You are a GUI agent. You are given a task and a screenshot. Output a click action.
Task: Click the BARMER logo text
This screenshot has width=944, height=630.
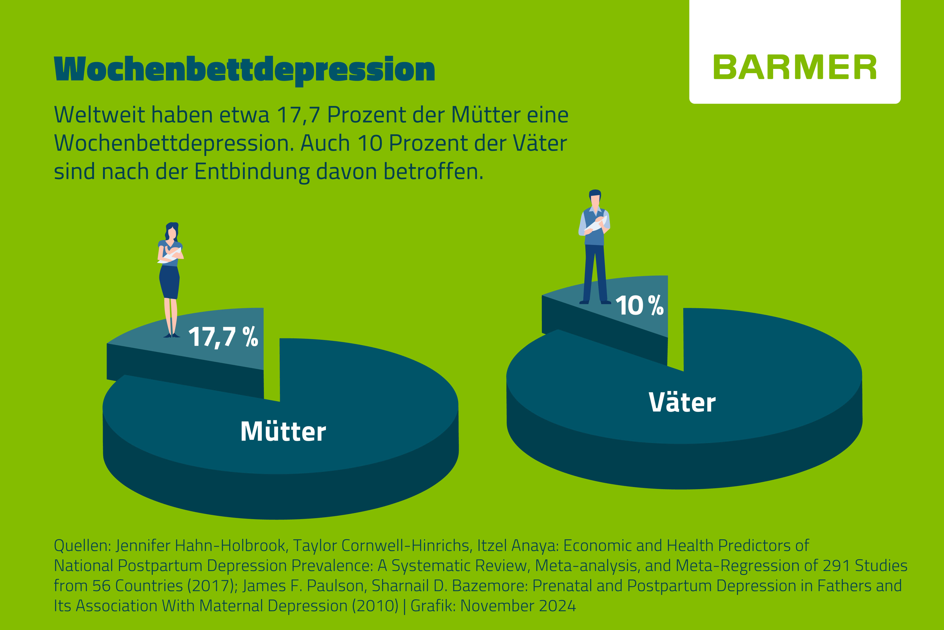point(795,67)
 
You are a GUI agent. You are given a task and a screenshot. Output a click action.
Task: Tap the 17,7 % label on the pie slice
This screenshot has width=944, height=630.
point(223,337)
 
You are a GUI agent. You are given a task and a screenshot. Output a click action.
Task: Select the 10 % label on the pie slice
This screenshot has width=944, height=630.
point(639,306)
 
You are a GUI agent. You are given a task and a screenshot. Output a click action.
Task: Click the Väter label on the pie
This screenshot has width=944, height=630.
point(682,403)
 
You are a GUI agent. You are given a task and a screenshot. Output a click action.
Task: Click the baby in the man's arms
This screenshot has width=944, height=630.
point(597,223)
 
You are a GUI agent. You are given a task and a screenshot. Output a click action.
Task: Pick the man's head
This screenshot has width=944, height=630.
point(595,198)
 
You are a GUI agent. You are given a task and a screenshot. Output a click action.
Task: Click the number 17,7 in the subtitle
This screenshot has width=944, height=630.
point(298,115)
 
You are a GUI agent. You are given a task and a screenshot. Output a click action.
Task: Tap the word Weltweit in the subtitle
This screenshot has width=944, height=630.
point(99,115)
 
